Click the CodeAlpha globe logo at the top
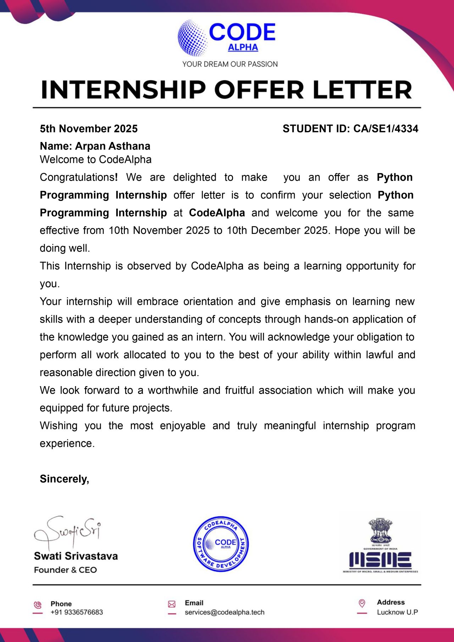[x=193, y=38]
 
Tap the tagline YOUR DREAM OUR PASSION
[x=230, y=64]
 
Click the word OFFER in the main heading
[x=259, y=89]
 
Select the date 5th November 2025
[x=89, y=128]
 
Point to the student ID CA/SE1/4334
[x=386, y=128]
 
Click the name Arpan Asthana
[x=112, y=146]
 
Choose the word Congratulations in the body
[x=77, y=177]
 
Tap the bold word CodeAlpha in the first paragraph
[x=217, y=213]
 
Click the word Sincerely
[x=64, y=479]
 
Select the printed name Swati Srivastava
[x=76, y=556]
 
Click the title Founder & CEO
[x=65, y=570]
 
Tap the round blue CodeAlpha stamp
[x=221, y=544]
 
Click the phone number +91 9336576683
[x=77, y=612]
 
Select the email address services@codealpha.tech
[x=225, y=612]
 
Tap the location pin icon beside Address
[x=362, y=603]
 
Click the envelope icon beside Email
[x=172, y=604]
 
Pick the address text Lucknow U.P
[x=397, y=612]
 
